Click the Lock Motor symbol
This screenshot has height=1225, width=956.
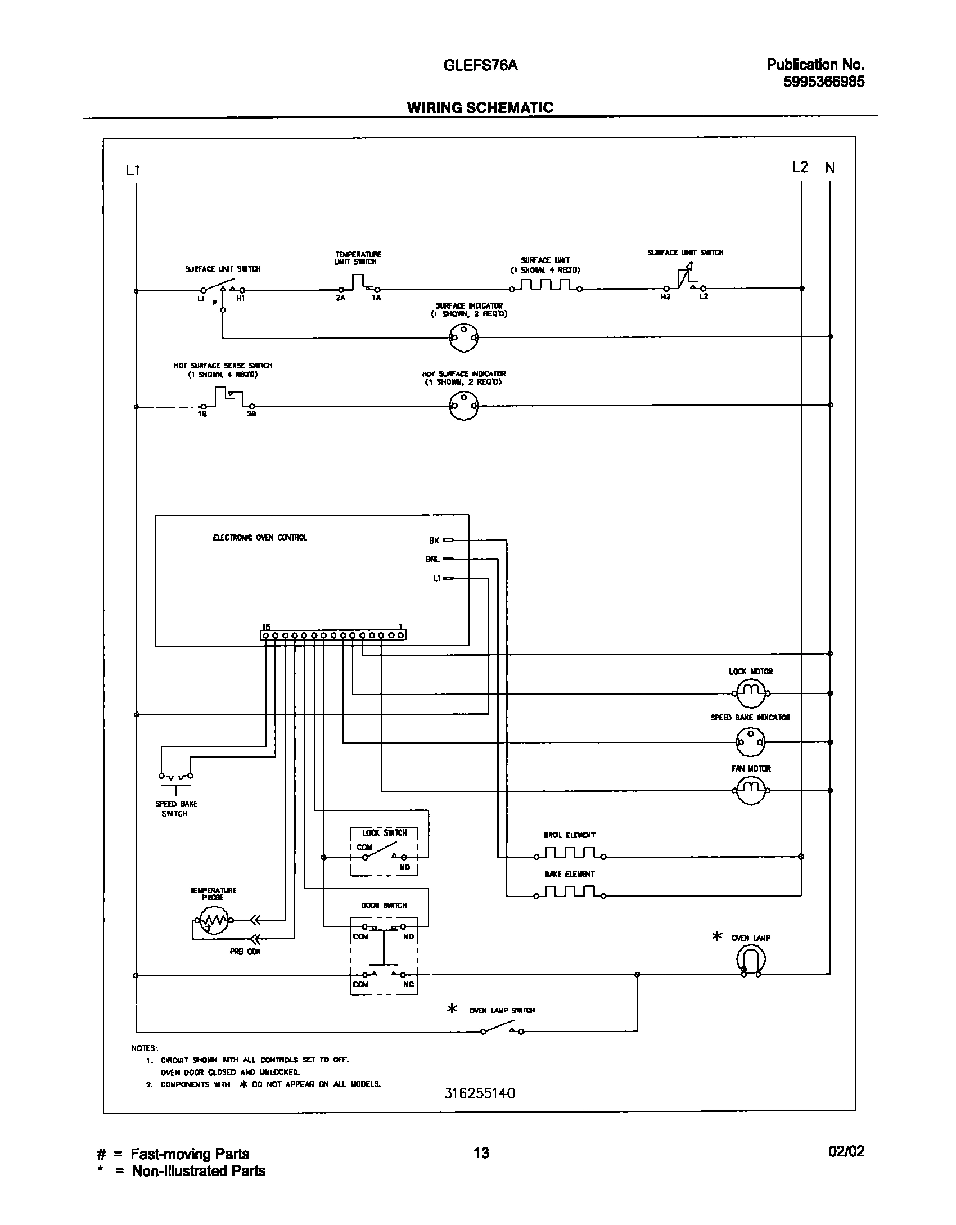(x=751, y=693)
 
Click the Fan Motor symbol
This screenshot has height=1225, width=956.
(x=751, y=790)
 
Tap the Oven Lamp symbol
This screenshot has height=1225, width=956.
(x=751, y=958)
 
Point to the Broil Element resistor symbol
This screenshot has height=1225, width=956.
(x=570, y=856)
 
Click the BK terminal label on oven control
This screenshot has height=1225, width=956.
(x=434, y=541)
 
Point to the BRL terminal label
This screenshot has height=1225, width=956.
(x=432, y=559)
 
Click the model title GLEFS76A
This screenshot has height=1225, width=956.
(x=480, y=66)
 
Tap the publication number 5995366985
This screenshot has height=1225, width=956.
(x=824, y=82)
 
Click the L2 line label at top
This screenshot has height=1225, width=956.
(x=800, y=168)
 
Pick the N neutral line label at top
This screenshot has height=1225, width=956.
(x=830, y=168)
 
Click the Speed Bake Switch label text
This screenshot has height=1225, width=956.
(x=176, y=809)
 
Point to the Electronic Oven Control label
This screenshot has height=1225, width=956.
(x=260, y=538)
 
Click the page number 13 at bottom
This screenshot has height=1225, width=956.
(x=481, y=1153)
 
